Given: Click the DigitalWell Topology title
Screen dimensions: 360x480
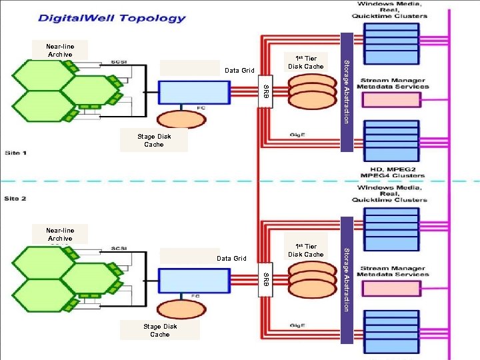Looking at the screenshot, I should click(x=111, y=18).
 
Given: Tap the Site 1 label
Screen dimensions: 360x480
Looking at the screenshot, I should click(x=16, y=153).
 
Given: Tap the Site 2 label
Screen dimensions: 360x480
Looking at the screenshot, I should click(x=16, y=199).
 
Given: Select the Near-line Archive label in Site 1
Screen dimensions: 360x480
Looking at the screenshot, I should click(x=59, y=50).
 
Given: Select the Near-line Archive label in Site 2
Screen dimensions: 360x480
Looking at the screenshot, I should click(x=59, y=234).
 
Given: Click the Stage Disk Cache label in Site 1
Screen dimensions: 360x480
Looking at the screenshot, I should click(x=154, y=140).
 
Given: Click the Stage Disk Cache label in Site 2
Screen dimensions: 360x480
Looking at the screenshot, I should click(x=160, y=330).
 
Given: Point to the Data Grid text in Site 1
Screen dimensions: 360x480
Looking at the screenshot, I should click(x=240, y=70).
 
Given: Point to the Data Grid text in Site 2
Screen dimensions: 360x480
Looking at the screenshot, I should click(x=231, y=258).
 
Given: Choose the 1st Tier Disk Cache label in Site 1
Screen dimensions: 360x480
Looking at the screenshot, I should click(x=305, y=62).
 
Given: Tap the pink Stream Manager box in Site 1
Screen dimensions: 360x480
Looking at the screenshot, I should click(x=391, y=100).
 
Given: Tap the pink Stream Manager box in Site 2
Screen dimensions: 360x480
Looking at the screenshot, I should click(x=391, y=288).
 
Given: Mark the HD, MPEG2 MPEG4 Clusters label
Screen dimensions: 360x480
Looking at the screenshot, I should click(x=393, y=173).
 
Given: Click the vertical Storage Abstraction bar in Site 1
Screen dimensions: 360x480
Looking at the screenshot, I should click(x=346, y=92).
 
